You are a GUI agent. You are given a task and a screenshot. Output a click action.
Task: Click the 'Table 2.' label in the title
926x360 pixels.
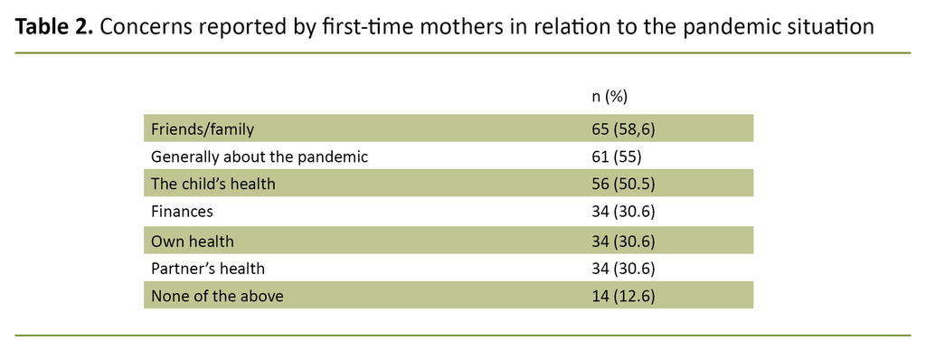pyautogui.click(x=53, y=27)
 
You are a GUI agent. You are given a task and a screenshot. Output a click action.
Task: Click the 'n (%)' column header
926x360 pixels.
pyautogui.click(x=609, y=96)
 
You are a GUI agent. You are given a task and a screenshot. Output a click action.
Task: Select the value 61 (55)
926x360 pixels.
pyautogui.click(x=616, y=156)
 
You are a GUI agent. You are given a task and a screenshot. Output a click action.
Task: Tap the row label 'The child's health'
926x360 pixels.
pyautogui.click(x=213, y=185)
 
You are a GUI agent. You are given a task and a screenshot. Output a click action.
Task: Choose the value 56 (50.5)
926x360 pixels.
pyautogui.click(x=622, y=185)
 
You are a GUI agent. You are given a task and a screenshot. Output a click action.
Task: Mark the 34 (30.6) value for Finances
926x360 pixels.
pyautogui.click(x=622, y=213)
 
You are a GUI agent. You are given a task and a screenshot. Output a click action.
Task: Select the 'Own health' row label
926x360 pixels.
pyautogui.click(x=193, y=241)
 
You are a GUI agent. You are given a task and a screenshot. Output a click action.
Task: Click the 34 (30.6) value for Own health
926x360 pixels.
pyautogui.click(x=622, y=241)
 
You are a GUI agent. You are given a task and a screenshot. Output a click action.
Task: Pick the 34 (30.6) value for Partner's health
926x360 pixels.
pyautogui.click(x=622, y=269)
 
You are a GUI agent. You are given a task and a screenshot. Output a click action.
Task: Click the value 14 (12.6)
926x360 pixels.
pyautogui.click(x=622, y=296)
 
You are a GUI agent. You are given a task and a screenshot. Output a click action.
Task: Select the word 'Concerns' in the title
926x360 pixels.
pyautogui.click(x=144, y=27)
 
